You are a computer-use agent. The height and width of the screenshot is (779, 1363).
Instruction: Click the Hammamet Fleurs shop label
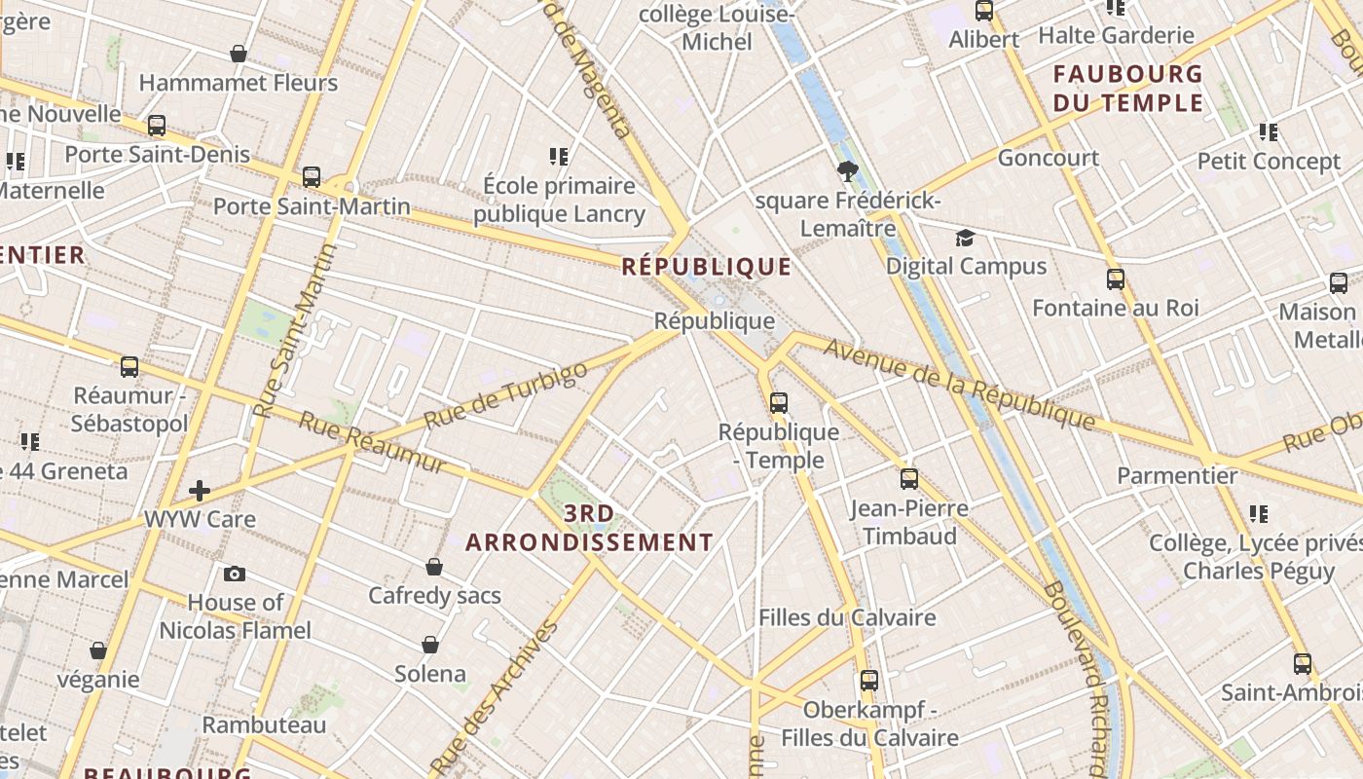pos(239,83)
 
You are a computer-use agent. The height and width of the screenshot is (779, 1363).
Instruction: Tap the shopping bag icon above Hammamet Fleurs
pos(239,54)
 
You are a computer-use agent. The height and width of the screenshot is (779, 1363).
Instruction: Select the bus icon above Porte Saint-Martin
pos(312,177)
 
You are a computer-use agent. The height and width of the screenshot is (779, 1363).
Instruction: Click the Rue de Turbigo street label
pos(506,395)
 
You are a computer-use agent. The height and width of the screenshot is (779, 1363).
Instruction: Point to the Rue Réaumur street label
pos(372,442)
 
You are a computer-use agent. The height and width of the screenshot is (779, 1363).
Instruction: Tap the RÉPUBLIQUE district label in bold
pos(707,266)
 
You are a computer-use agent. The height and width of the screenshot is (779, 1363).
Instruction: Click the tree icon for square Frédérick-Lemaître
pos(848,172)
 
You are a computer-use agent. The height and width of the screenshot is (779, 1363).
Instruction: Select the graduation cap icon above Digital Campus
pos(965,238)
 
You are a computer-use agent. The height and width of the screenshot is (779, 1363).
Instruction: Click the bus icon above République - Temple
pos(778,402)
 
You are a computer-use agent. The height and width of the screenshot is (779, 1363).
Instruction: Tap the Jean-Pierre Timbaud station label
pos(909,522)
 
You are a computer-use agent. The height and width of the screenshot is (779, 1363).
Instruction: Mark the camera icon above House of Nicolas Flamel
pos(235,574)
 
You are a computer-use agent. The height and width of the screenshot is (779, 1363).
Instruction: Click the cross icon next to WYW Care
pos(200,490)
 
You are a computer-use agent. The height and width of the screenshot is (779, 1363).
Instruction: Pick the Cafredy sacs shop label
pos(434,595)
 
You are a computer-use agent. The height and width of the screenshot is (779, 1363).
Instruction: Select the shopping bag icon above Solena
pos(430,645)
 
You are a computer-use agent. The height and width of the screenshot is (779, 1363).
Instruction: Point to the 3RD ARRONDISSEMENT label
pos(589,528)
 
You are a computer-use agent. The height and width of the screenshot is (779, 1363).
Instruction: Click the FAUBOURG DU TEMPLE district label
pos(1128,88)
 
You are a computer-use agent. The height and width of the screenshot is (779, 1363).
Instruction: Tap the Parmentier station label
pos(1177,476)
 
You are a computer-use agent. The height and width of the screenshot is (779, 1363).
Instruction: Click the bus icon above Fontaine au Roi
pos(1116,279)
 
